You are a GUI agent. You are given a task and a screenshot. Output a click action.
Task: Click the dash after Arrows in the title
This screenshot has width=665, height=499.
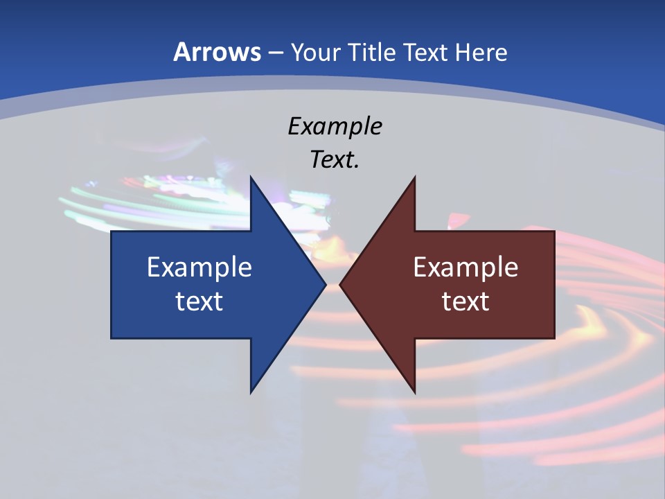pyautogui.click(x=275, y=53)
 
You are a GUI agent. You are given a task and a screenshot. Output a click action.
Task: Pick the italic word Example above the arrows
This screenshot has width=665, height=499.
pyautogui.click(x=335, y=126)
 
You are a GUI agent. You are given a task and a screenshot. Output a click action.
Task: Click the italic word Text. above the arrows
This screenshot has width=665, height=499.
pyautogui.click(x=335, y=159)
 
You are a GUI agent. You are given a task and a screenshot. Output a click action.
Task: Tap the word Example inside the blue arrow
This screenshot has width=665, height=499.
pyautogui.click(x=199, y=268)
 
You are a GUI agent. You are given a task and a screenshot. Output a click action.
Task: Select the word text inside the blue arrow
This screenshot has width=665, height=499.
pyautogui.click(x=199, y=301)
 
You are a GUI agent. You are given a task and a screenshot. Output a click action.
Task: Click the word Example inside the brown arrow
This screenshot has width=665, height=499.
pyautogui.click(x=465, y=268)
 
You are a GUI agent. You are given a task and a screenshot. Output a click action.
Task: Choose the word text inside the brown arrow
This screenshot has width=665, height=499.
pyautogui.click(x=465, y=301)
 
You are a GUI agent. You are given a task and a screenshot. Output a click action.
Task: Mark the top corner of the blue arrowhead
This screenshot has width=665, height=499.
pyautogui.click(x=251, y=177)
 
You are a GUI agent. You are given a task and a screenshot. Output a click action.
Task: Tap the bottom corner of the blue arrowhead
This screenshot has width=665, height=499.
pyautogui.click(x=251, y=392)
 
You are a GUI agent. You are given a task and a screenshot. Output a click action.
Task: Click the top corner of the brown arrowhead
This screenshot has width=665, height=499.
pyautogui.click(x=414, y=177)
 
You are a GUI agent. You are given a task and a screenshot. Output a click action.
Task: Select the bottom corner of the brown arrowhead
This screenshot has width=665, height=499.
pyautogui.click(x=414, y=392)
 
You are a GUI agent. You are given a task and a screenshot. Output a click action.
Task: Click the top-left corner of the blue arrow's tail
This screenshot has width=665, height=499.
pyautogui.click(x=112, y=231)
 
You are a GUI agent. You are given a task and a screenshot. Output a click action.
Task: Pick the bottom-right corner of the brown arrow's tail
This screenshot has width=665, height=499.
pyautogui.click(x=554, y=338)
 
